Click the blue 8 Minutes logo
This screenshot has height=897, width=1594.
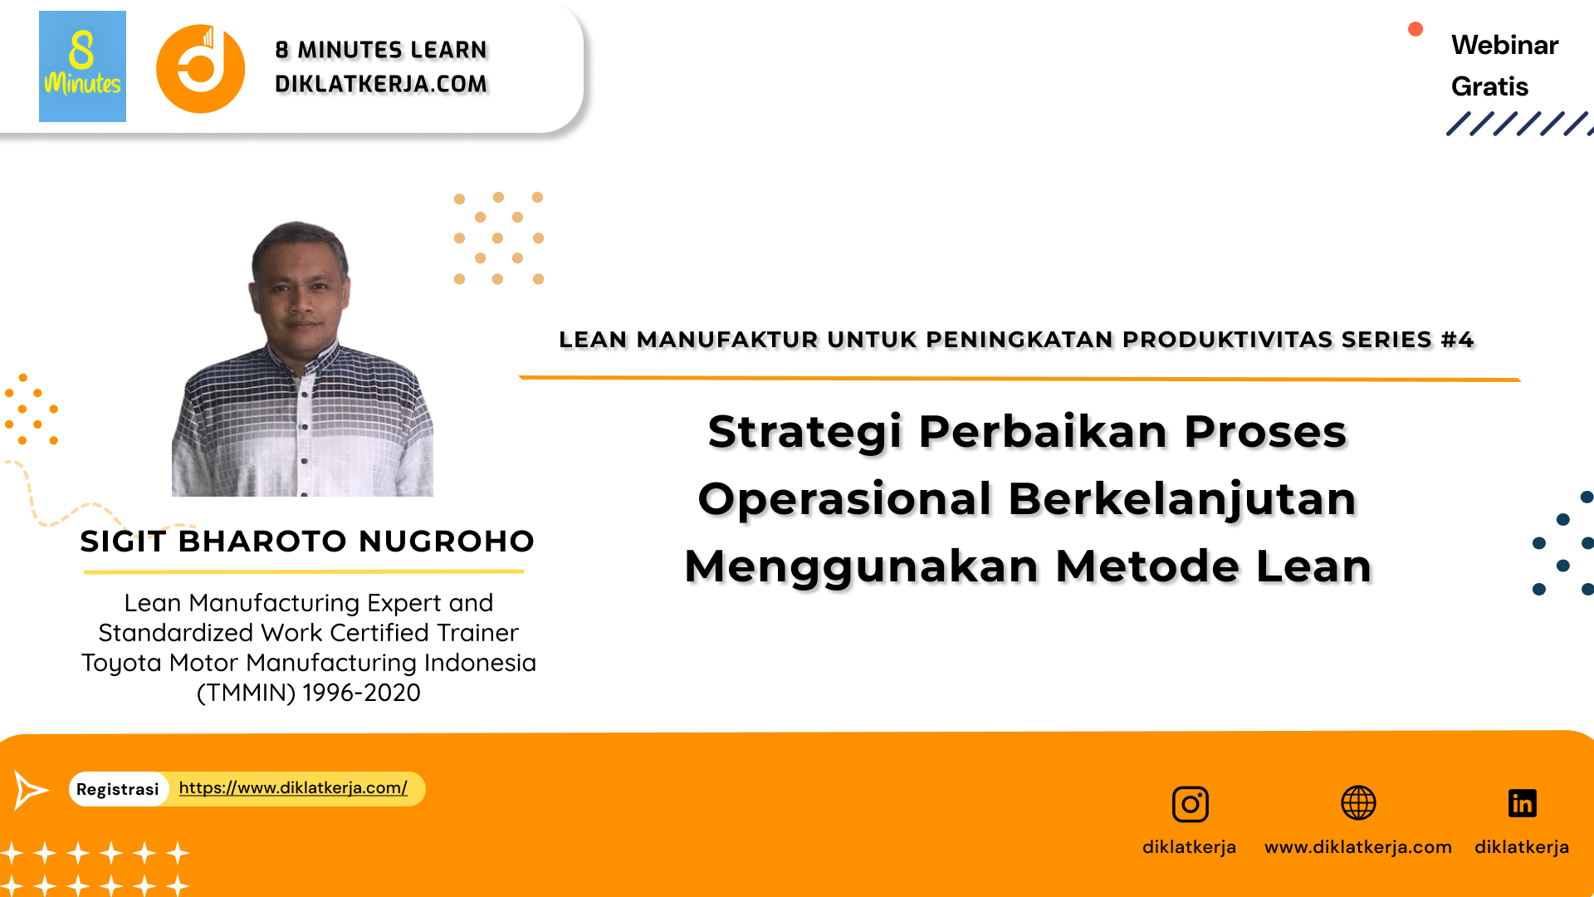coord(82,66)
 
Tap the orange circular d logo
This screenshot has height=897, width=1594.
coord(201,69)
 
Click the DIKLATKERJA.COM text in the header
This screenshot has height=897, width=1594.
coord(381,84)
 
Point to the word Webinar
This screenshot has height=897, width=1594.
coord(1504,45)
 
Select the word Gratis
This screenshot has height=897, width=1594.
coord(1489,86)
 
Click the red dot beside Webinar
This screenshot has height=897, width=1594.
coord(1416,30)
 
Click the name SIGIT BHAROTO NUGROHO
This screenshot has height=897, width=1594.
coord(307,542)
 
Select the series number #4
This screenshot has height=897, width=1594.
coord(1457,340)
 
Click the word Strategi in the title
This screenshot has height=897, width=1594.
coord(804,432)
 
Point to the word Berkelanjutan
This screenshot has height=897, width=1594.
coord(1182,499)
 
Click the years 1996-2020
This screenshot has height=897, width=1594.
coord(361,693)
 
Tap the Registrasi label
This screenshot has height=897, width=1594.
coord(118,789)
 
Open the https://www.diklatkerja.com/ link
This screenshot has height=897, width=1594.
coord(293,787)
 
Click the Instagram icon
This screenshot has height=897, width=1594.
coord(1190,804)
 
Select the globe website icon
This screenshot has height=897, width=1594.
coord(1358,803)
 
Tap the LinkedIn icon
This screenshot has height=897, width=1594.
coord(1522,803)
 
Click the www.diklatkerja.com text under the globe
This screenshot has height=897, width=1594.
coord(1358,847)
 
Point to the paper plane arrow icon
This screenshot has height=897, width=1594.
coord(31,789)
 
